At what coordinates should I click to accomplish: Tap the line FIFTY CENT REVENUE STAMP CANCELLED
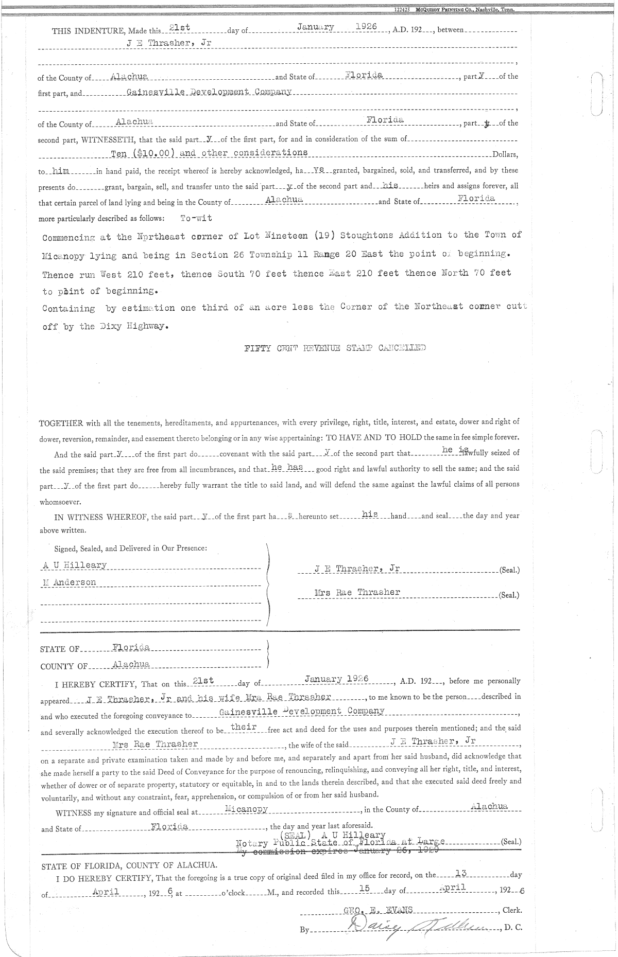click(x=335, y=348)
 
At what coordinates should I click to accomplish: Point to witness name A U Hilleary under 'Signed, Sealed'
click(x=75, y=565)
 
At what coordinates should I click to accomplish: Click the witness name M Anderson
click(x=70, y=582)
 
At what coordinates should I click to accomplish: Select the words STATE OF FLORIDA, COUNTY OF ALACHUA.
click(x=129, y=865)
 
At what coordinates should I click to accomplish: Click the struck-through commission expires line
click(x=337, y=852)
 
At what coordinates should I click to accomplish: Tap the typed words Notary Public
click(x=273, y=843)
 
